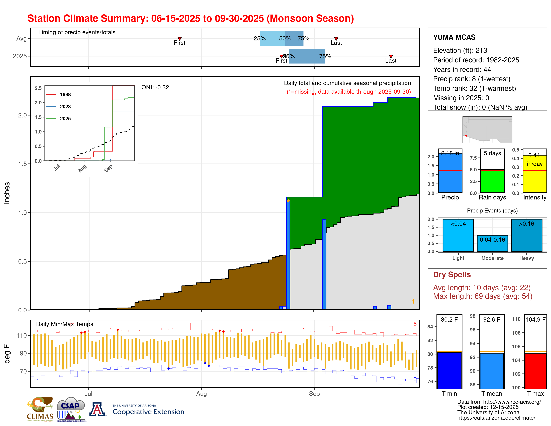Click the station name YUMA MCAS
pyautogui.click(x=454, y=37)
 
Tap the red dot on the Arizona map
pyautogui.click(x=466, y=135)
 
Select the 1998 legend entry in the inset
pyautogui.click(x=65, y=95)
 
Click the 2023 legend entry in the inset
pyautogui.click(x=65, y=107)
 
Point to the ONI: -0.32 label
pyautogui.click(x=155, y=87)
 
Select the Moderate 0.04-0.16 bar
pyautogui.click(x=492, y=243)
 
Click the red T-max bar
pyautogui.click(x=535, y=371)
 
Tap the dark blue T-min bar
pyautogui.click(x=449, y=371)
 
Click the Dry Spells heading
pyautogui.click(x=452, y=275)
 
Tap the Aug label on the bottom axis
pyautogui.click(x=201, y=394)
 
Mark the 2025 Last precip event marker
pyautogui.click(x=391, y=56)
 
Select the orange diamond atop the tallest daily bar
pyautogui.click(x=288, y=201)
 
